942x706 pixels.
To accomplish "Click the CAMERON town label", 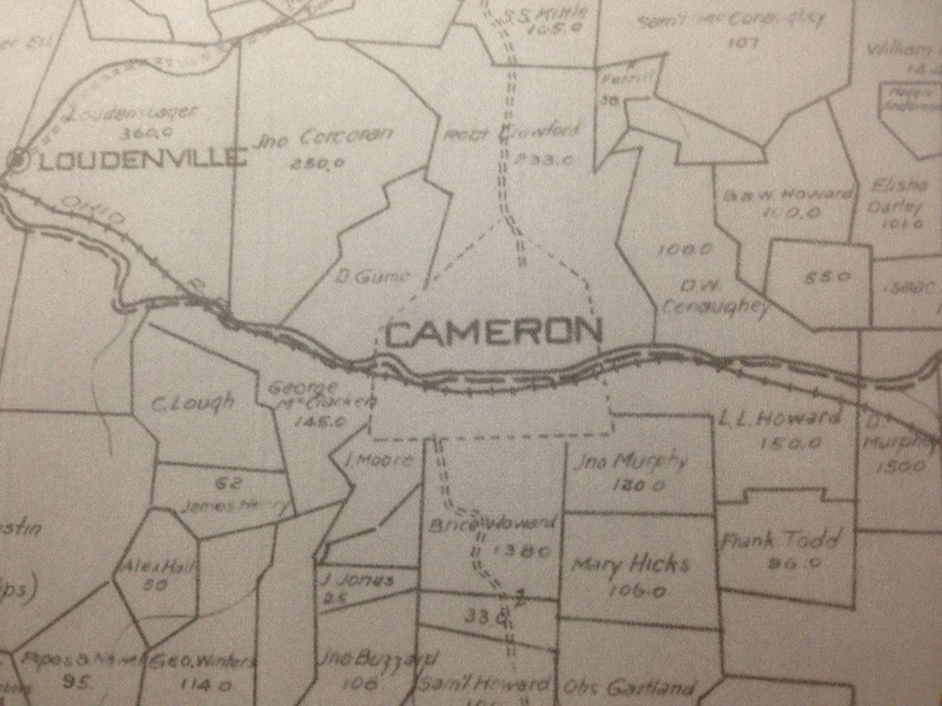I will pos(493,332).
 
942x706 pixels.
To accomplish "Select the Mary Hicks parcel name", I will pos(630,565).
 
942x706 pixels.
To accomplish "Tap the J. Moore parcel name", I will pos(379,460).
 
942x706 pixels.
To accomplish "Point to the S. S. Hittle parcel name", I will pos(546,13).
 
